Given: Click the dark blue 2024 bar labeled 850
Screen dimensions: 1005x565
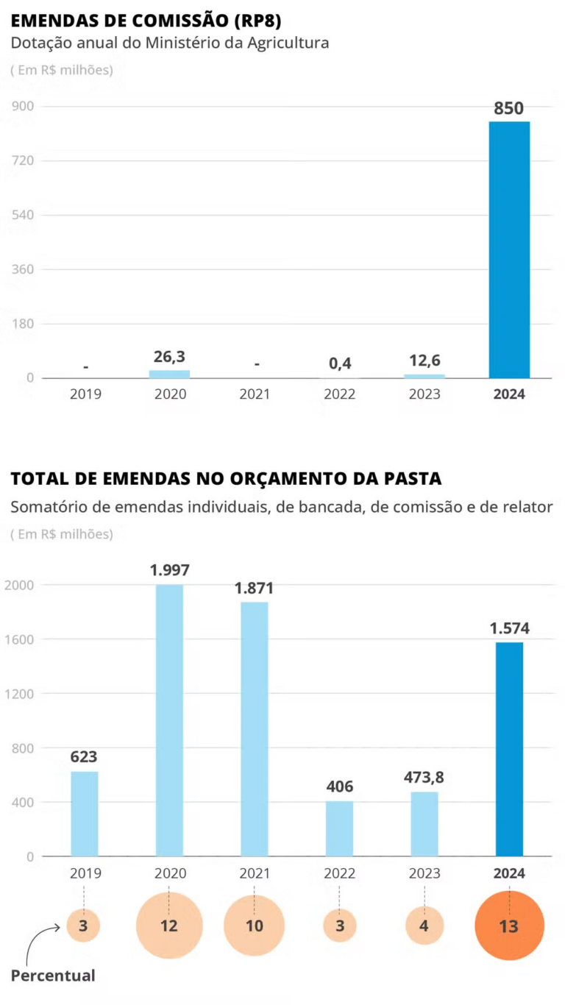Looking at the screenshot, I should click(509, 249).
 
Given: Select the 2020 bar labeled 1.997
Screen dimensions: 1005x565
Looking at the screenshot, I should click(170, 720).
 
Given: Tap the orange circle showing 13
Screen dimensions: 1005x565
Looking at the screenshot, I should click(509, 926).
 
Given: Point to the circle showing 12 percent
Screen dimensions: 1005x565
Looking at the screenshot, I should click(169, 926).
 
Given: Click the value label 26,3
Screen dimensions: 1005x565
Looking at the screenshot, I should click(169, 357).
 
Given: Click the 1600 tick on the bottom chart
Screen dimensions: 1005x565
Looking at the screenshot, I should click(20, 639).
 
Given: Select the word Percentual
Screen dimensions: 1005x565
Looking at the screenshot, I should click(53, 976).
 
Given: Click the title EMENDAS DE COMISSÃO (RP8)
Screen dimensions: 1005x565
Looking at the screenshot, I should click(146, 20).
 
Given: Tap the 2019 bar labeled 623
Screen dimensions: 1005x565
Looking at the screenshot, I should click(85, 814).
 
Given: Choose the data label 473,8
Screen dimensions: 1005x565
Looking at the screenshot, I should click(424, 777).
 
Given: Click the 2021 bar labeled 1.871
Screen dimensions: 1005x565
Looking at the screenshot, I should click(255, 729).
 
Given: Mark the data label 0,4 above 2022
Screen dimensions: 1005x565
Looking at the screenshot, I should click(339, 363).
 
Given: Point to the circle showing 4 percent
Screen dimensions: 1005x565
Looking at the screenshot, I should click(424, 926).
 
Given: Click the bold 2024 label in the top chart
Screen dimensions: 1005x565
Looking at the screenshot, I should click(509, 394).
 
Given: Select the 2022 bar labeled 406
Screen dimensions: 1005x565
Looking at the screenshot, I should click(339, 828).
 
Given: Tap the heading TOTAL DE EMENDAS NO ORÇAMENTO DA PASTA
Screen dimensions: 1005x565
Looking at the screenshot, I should click(226, 479).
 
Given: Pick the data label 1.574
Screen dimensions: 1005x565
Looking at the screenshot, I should click(509, 629).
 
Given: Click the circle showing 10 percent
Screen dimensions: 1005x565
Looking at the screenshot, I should click(255, 926).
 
